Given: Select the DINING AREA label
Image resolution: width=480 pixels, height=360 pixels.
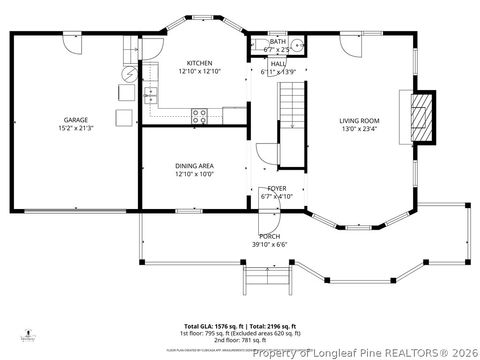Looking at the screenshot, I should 195,165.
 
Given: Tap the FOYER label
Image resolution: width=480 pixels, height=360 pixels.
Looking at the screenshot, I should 276,188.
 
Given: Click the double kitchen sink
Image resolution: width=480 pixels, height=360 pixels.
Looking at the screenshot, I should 151,96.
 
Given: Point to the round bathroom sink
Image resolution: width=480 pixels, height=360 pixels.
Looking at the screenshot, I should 299,43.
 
